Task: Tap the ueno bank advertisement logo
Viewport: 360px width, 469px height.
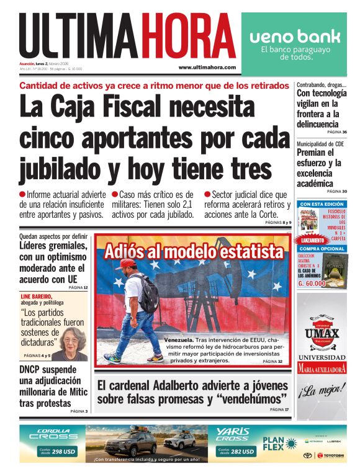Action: [295, 36]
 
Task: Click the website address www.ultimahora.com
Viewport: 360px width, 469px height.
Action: [207, 67]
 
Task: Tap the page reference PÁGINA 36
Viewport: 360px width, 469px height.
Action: [336, 132]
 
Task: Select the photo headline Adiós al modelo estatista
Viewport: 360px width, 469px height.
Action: [193, 251]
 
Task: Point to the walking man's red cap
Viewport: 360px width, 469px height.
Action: [126, 264]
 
